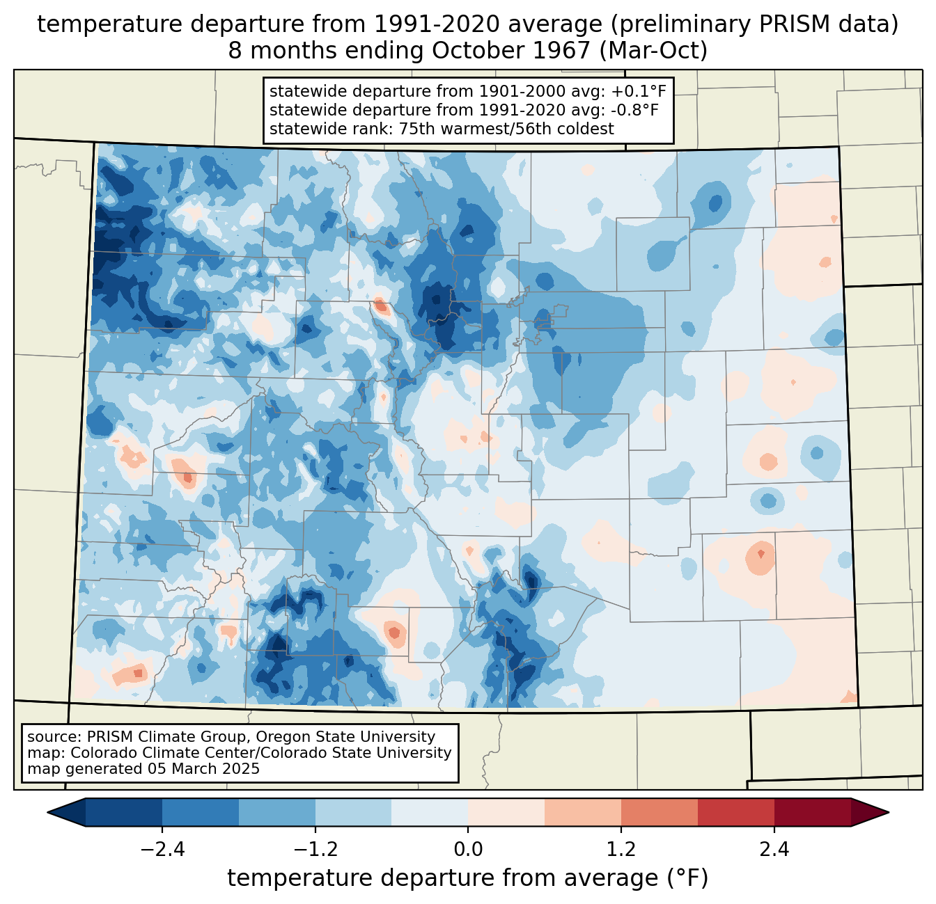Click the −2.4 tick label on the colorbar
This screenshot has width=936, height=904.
162,849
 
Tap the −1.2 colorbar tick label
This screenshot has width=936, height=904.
315,849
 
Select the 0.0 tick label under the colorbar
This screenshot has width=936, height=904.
468,849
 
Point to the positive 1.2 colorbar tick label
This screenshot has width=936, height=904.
621,849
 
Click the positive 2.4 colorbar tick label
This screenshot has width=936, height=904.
774,849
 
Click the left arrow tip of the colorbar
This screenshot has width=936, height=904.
47,812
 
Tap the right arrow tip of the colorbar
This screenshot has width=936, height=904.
889,812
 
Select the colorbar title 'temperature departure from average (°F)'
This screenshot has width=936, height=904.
467,878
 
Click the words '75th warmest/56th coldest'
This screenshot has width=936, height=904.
506,129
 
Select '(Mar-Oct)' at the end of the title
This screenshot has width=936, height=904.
654,51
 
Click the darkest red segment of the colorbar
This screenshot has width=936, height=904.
813,812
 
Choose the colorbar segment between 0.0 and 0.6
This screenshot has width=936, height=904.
506,812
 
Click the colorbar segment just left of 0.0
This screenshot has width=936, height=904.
430,812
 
